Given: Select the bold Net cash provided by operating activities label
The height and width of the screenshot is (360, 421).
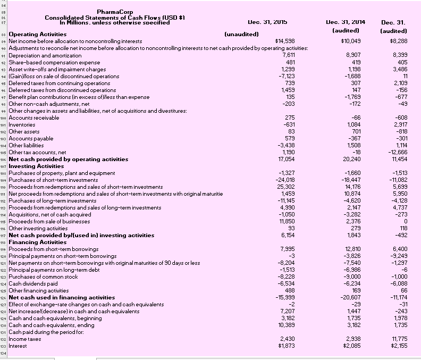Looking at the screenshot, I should [69, 159].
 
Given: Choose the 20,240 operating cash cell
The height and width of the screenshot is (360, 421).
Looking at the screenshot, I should [352, 159].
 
